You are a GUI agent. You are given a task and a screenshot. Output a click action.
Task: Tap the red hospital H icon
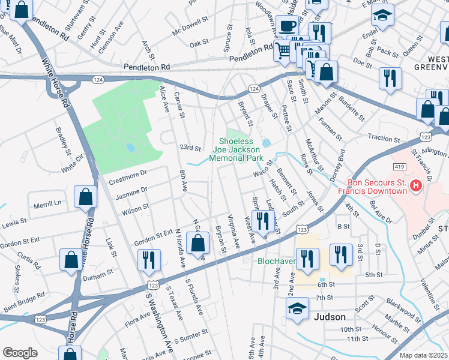click(414, 187)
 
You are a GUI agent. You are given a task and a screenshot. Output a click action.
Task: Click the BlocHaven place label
click(276, 261)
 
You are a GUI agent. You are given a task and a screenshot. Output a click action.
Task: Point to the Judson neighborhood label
click(330, 317)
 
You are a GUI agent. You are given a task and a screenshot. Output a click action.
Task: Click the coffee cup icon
click(287, 26)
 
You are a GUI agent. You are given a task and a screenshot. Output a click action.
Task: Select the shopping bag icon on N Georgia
click(197, 244)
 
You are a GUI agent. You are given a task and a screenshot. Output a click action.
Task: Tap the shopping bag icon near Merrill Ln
click(86, 196)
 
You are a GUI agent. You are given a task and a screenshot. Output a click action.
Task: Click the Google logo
click(20, 353)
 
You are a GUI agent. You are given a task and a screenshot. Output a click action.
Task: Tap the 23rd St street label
click(189, 148)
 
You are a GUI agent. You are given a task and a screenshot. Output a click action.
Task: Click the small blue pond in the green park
click(130, 147)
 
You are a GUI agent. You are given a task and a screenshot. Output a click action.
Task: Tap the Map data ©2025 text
click(423, 355)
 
